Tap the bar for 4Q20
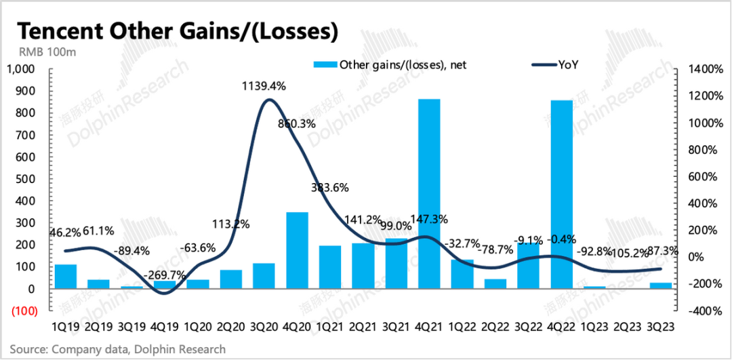[x=298, y=251]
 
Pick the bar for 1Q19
[x=65, y=277]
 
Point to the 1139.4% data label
[x=264, y=86]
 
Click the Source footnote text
[x=117, y=349]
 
